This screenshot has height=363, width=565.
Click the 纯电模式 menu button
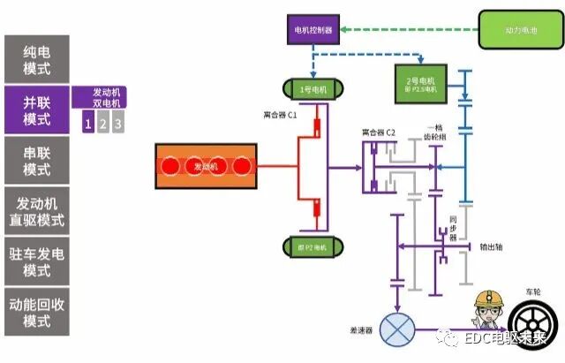(36, 59)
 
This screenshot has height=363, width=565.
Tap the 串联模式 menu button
(36, 159)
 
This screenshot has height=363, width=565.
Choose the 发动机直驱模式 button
(36, 210)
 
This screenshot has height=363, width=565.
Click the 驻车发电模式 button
(36, 261)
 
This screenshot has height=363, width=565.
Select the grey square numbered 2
(102, 124)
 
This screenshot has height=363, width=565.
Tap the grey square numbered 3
(117, 124)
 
